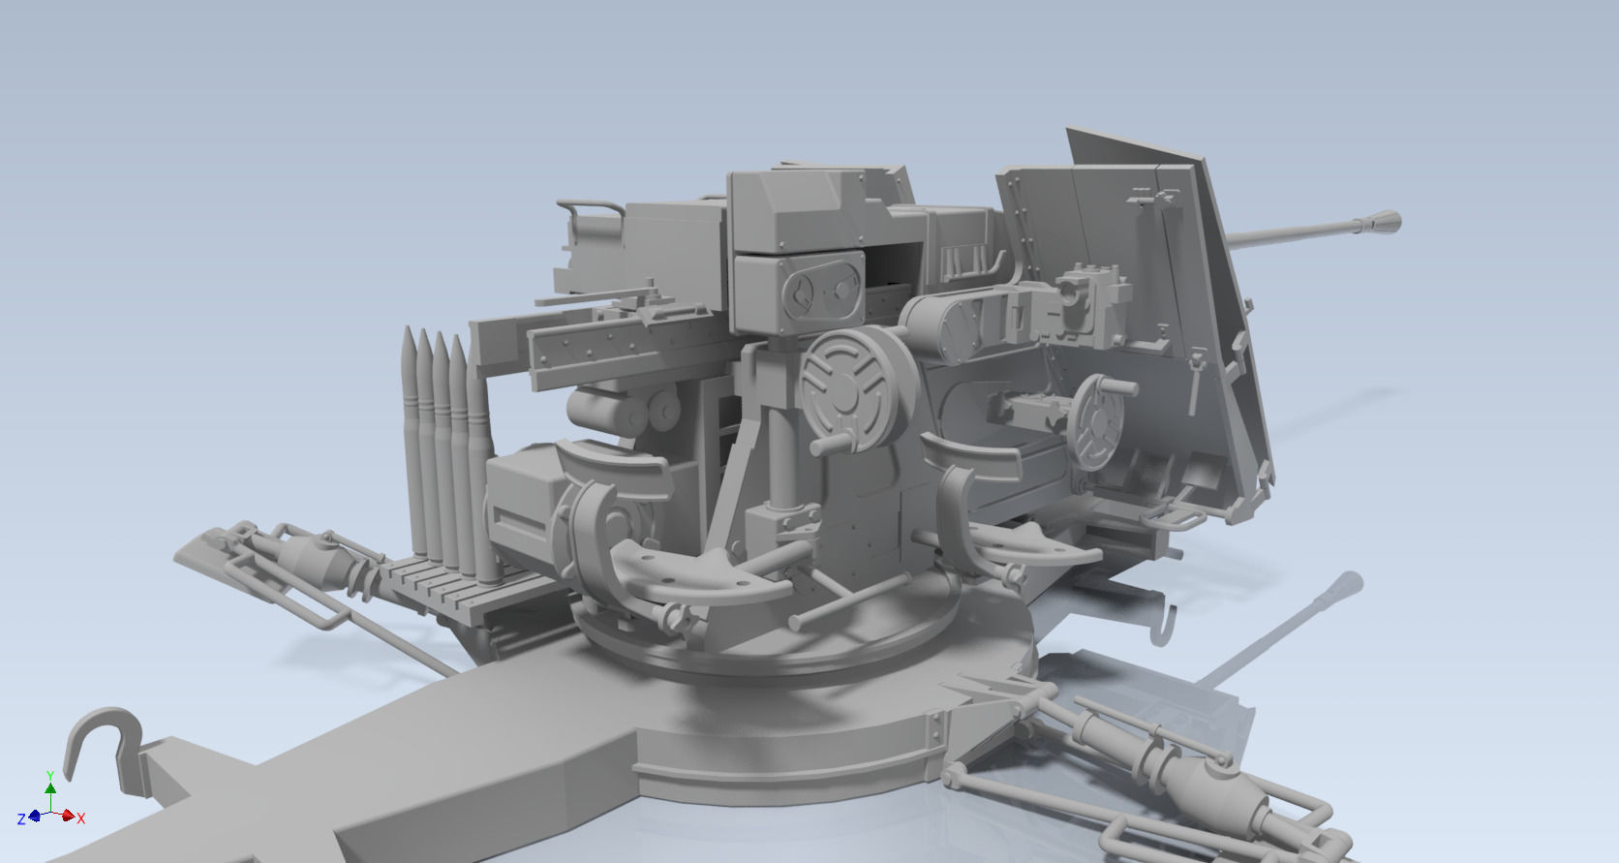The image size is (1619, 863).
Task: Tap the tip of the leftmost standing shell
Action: pos(409,334)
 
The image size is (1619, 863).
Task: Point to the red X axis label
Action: pos(81,819)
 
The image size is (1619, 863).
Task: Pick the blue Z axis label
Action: pos(21,819)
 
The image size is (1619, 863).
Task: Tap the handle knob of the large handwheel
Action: pos(823,446)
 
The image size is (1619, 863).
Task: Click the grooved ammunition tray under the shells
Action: pos(436,581)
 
